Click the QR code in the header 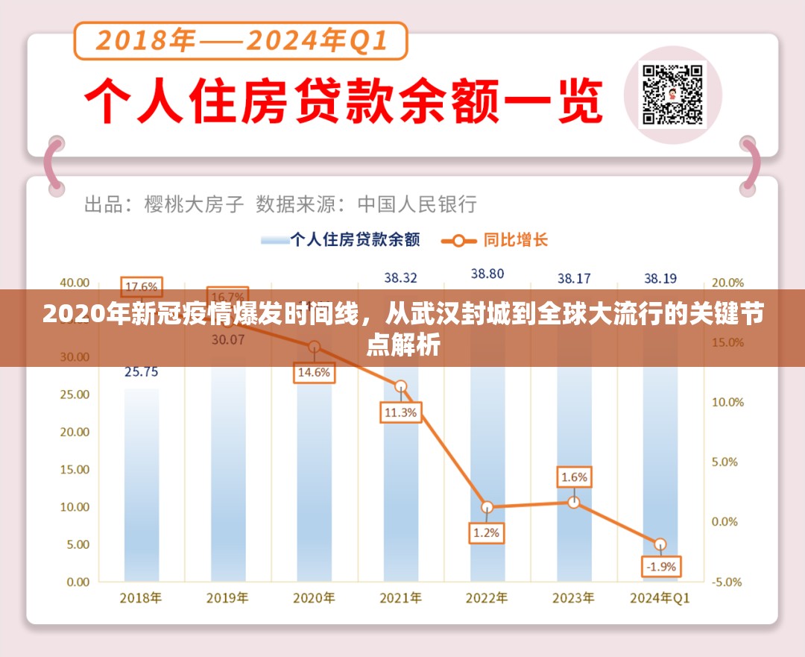[673, 94]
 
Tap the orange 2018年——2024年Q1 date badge [241, 41]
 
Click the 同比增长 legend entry [495, 240]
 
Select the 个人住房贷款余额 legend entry [340, 240]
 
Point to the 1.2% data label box [487, 533]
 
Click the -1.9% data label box [660, 566]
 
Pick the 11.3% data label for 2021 [401, 412]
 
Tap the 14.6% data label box [314, 373]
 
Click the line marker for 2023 [573, 502]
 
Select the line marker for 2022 [487, 507]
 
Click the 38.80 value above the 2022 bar [487, 274]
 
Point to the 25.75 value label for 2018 [141, 371]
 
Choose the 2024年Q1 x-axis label [660, 598]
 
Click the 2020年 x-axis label [314, 598]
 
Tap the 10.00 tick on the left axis [73, 507]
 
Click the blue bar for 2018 [142, 485]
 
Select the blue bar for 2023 [573, 447]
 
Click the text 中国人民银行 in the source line [417, 204]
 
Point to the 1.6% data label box [574, 477]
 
